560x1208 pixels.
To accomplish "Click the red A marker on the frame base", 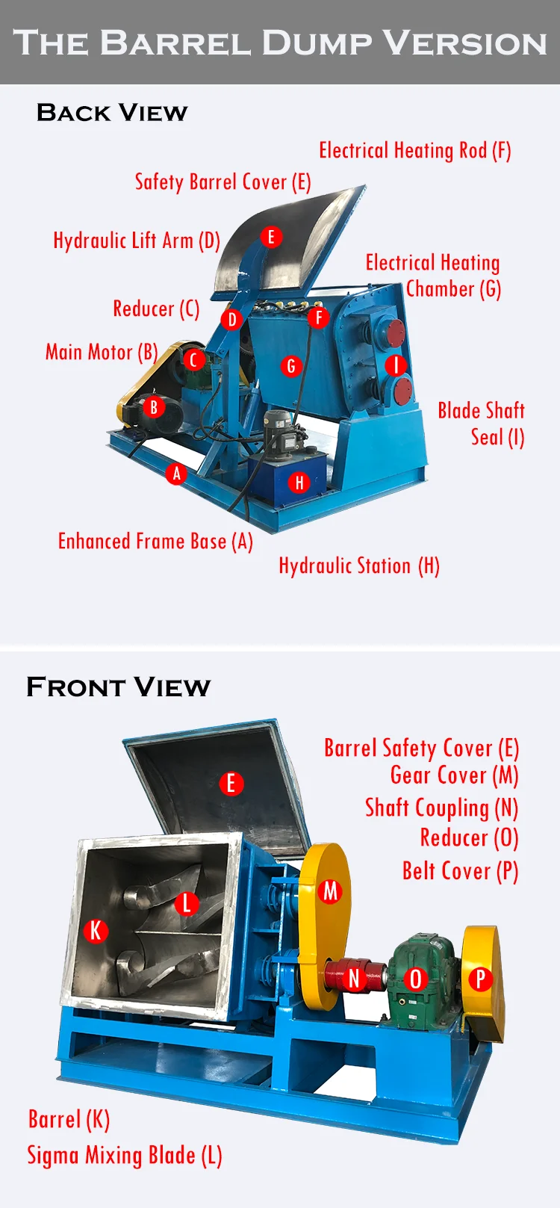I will click(176, 473).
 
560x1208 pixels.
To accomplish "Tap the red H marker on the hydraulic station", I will click(299, 483).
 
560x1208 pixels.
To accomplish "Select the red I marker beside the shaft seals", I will click(396, 365).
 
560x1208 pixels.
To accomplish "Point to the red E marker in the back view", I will click(271, 237).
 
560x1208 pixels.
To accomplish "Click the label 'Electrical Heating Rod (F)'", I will click(414, 151).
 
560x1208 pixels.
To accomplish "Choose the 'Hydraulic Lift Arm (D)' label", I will click(137, 241).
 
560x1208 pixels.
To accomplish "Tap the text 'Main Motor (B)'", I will click(102, 352).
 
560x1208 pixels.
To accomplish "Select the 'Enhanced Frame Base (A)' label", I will click(155, 542).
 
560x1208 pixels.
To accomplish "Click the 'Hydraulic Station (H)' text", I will click(359, 566).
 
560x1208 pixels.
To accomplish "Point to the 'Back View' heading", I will click(112, 113).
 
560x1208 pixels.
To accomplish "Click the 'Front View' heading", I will click(118, 687).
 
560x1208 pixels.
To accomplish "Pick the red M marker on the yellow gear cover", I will click(330, 890).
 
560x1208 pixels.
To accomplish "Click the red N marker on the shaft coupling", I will click(355, 978).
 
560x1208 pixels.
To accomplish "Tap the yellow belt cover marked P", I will click(481, 979).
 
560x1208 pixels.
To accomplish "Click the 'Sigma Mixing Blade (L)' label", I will click(125, 1155).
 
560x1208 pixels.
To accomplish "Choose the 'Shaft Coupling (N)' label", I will click(441, 808).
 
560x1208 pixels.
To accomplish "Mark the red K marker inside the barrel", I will click(96, 931).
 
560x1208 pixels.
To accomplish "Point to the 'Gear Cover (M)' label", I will click(454, 775).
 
